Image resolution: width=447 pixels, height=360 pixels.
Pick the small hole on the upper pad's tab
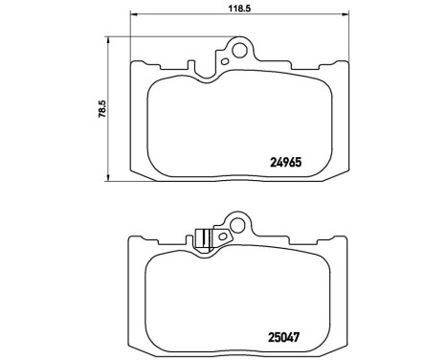[x=225, y=63]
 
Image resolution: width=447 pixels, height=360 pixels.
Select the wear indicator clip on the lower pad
[x=202, y=239]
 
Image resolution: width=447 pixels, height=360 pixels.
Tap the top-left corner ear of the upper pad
[x=134, y=65]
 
